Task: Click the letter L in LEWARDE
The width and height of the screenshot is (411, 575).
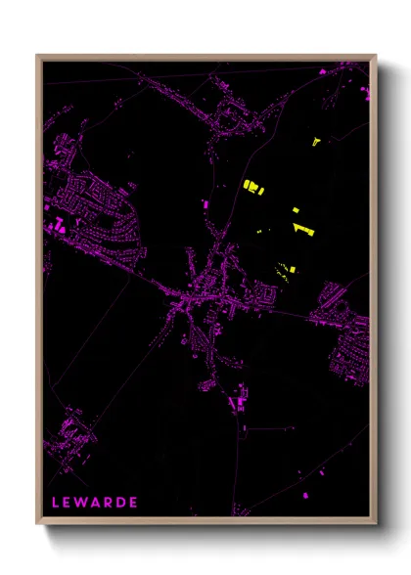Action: tap(55, 504)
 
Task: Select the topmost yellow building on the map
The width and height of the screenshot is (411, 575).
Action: tap(316, 143)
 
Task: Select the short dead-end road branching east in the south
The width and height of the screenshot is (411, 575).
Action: tap(269, 427)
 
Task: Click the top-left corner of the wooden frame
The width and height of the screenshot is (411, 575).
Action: tap(37, 55)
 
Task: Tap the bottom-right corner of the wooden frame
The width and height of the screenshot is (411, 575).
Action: tap(377, 524)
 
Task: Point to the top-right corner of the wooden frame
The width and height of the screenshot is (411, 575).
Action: tap(377, 55)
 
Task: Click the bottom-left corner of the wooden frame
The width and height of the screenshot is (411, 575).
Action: tap(37, 524)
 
